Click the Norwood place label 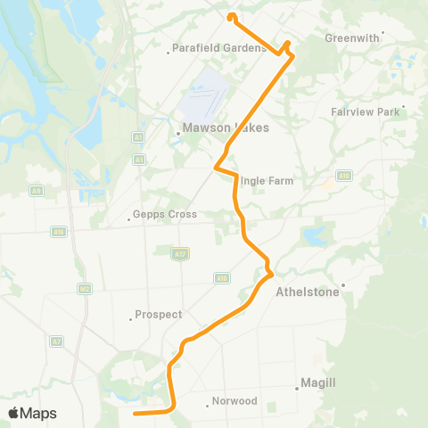tap(235, 401)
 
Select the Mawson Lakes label tap(214, 128)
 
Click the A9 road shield tap(36, 191)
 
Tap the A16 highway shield tap(59, 232)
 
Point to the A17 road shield tap(180, 254)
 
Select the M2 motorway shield tap(85, 288)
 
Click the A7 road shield tap(56, 342)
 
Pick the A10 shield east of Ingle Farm tap(344, 176)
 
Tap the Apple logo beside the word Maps tap(13, 413)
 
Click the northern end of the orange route tap(231, 15)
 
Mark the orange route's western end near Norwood tap(134, 414)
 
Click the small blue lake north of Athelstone tap(315, 235)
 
